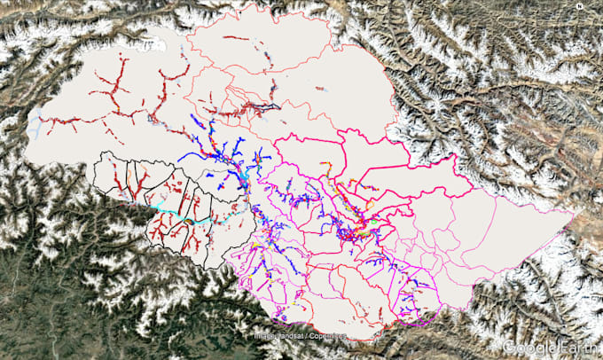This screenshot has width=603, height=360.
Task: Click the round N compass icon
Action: (578, 7)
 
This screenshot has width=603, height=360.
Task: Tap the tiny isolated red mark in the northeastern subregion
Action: (319, 89)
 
